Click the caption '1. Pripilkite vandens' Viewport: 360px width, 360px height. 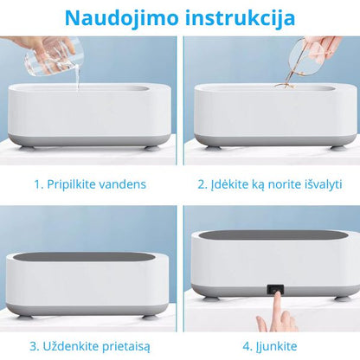point(90,183)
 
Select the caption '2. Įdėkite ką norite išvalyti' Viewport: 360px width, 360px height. point(269,183)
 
